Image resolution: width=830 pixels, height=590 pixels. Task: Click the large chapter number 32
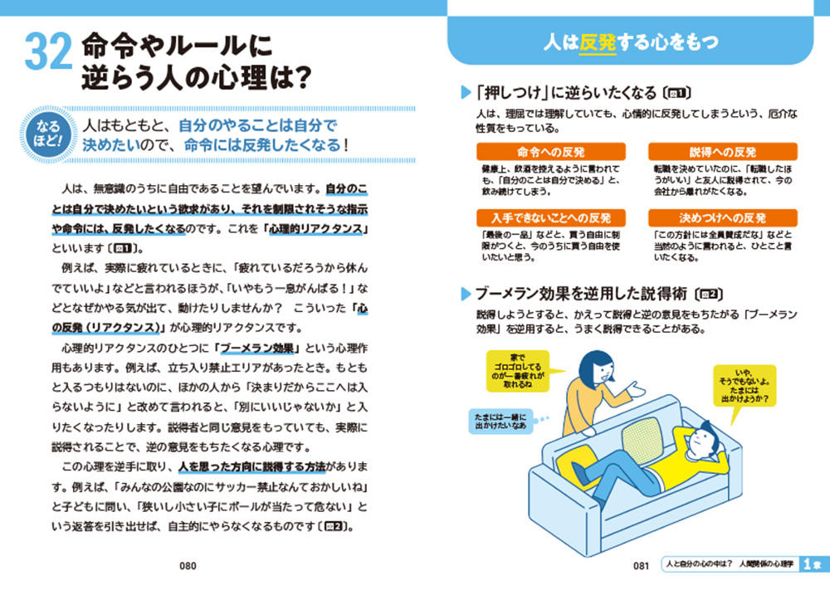[48, 51]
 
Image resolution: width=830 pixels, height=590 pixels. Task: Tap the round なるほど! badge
[48, 134]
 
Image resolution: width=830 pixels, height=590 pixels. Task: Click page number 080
[188, 566]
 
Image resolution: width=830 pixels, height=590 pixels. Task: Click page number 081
[641, 566]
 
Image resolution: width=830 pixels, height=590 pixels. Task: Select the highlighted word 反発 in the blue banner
[598, 42]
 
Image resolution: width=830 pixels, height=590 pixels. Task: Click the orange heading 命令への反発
[551, 152]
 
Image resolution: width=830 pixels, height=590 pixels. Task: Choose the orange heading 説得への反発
[723, 152]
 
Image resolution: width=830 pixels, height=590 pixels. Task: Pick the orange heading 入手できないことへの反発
[551, 218]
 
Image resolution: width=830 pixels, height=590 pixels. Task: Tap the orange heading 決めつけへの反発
[723, 218]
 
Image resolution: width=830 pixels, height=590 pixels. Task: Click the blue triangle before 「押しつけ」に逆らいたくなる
[466, 93]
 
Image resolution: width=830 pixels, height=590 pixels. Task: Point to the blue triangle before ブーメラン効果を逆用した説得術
[466, 294]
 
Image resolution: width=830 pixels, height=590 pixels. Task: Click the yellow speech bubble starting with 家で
[518, 371]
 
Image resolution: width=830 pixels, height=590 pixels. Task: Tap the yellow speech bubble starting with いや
[745, 386]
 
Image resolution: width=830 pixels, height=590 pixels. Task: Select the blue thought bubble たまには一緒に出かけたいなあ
[500, 422]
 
